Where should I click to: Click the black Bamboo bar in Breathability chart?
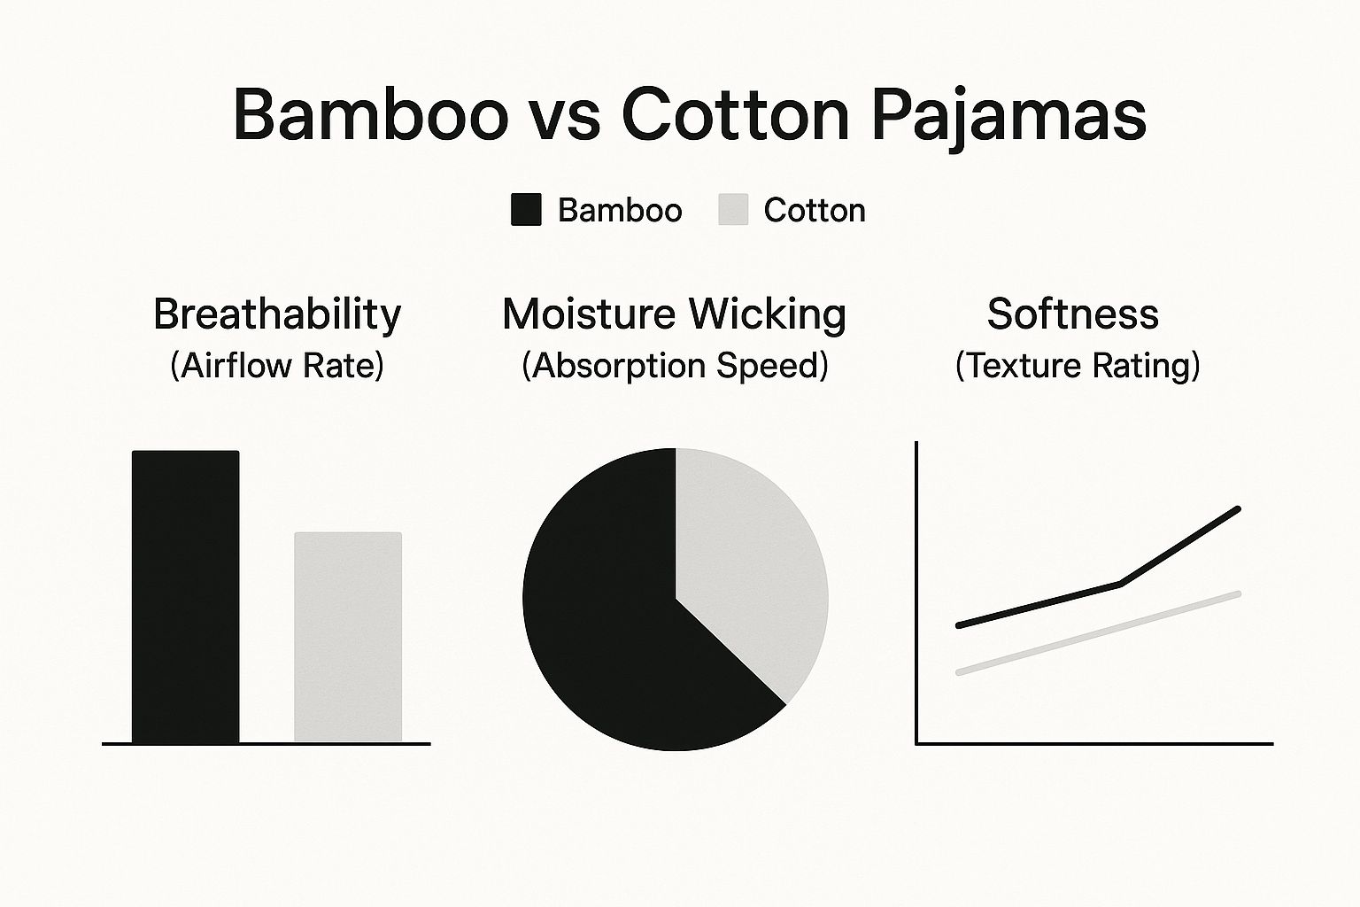point(185,597)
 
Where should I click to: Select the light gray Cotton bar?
point(348,637)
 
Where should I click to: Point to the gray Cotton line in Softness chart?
point(1098,632)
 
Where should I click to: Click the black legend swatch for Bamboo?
point(526,210)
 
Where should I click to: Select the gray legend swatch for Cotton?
point(733,210)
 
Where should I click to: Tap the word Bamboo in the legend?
point(620,210)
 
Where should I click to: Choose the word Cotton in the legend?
point(815,210)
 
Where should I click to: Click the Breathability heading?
point(277,314)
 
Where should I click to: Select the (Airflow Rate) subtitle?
point(277,366)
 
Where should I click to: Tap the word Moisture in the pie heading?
point(589,314)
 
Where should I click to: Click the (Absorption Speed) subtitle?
point(676,366)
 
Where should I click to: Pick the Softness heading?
point(1073,314)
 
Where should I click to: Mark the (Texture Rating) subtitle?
point(1078,366)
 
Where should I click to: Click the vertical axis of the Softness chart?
point(916,593)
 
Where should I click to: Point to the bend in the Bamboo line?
point(1120,584)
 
